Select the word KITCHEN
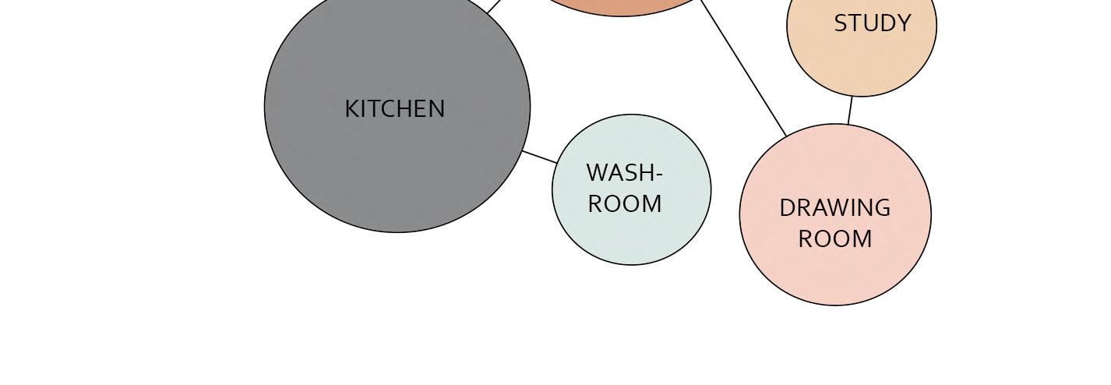[395, 109]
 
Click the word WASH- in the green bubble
[624, 172]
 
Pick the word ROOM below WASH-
[625, 204]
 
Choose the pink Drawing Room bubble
[835, 273]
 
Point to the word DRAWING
[834, 208]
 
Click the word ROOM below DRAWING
[835, 239]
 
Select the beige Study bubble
[862, 66]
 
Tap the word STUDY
[873, 23]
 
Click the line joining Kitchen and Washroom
[540, 157]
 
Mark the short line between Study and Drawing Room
[850, 110]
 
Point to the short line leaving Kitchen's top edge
[495, 6]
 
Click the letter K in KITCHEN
[351, 109]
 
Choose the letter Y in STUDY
[903, 23]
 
